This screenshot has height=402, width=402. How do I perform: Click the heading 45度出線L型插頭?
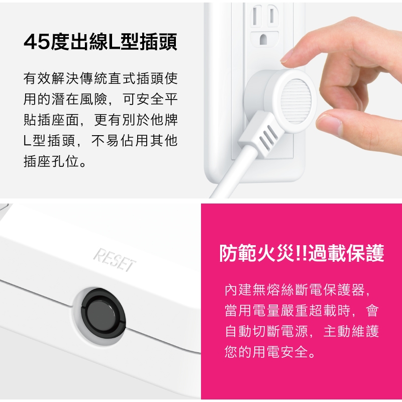coord(100,42)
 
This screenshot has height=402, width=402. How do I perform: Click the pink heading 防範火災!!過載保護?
coord(302,253)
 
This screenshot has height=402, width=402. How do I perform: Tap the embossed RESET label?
coord(115,260)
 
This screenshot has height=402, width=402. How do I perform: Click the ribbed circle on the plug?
coord(296,102)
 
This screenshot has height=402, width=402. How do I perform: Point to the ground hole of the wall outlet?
coord(263,40)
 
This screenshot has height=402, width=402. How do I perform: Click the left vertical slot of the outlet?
coord(255,16)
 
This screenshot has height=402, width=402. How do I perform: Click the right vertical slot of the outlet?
coord(272,16)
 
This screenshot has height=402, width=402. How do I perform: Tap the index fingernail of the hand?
coord(286,56)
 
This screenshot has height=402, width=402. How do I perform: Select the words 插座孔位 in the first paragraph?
coord(51,161)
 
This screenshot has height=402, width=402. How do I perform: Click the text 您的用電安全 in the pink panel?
coord(266,351)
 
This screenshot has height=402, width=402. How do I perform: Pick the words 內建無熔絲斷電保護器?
coord(294,290)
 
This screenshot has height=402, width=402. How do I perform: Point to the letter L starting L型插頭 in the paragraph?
coord(27,141)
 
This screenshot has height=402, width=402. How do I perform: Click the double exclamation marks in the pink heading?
coord(301,253)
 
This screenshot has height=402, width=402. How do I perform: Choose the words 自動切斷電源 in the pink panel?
coord(266,331)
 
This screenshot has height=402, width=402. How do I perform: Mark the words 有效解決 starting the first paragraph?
coord(51,78)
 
